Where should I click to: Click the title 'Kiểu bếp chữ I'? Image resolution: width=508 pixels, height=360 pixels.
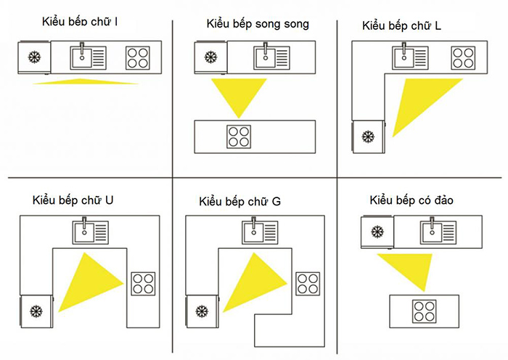(x=80, y=21)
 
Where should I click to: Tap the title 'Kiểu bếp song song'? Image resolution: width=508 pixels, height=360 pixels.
(x=258, y=24)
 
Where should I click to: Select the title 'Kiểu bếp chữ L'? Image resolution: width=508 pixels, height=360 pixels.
(x=401, y=25)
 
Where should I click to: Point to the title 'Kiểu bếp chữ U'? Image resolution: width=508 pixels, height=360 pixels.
(x=73, y=200)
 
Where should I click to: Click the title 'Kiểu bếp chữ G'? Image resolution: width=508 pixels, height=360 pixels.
(x=239, y=201)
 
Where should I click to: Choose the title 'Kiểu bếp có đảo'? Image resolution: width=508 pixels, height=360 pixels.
(x=411, y=200)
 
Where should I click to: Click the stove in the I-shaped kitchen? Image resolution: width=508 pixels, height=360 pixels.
(x=138, y=58)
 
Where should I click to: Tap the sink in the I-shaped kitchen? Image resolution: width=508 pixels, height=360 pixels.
(x=88, y=57)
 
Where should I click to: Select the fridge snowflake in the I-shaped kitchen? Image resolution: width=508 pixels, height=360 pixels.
(x=34, y=57)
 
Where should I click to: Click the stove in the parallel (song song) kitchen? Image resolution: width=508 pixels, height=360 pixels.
(x=239, y=136)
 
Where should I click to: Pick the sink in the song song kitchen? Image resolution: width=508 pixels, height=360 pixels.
(x=271, y=57)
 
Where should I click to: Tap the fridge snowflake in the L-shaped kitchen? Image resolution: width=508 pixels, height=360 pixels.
(x=368, y=136)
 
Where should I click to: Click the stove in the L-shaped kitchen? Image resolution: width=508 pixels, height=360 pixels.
(x=463, y=58)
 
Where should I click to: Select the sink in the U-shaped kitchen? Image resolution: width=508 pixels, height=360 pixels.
(x=90, y=232)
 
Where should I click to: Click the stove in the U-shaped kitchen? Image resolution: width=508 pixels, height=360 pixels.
(x=143, y=284)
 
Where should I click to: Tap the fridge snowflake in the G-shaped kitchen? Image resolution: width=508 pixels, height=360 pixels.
(x=202, y=311)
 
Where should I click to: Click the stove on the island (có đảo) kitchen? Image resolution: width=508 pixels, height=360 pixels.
(x=425, y=311)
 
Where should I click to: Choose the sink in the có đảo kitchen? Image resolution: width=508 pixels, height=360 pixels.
(x=438, y=232)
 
